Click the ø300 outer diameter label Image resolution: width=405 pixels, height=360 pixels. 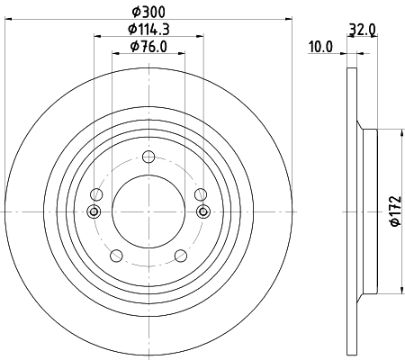point(148,11)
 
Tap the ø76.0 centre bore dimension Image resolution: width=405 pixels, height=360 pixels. point(148,47)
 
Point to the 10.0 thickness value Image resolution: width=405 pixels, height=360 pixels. point(321,46)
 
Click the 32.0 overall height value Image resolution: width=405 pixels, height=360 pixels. point(364,29)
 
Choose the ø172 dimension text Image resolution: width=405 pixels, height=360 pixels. point(393,211)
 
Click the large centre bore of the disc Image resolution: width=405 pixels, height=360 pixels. point(148,211)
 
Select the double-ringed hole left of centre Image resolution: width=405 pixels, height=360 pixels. point(94,212)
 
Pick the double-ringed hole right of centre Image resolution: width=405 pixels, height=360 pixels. point(202,212)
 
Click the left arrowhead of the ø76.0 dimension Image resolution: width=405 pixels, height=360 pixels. point(115,53)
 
